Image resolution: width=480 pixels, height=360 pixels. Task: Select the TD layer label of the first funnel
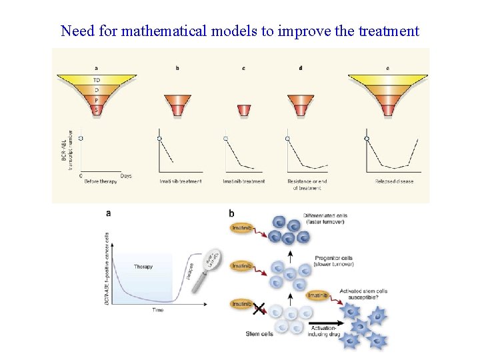tap(97, 80)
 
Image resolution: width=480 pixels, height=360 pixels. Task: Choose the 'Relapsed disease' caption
tap(394, 181)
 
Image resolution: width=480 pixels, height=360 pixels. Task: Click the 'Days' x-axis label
tap(126, 175)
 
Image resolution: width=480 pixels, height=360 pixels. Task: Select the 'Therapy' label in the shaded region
tap(143, 267)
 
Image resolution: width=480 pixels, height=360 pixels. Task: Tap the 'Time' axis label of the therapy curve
tap(158, 310)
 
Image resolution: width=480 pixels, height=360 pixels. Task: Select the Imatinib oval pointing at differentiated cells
tap(241, 229)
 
